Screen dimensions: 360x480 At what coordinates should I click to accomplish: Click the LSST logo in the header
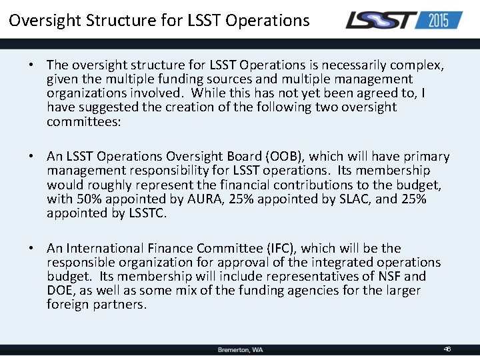tap(380, 20)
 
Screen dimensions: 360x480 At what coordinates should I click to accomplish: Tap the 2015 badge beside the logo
tap(439, 20)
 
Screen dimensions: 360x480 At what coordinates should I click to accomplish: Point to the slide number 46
tap(447, 349)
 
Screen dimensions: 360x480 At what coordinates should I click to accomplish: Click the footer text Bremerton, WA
tap(240, 350)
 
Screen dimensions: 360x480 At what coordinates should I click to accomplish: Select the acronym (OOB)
tap(285, 157)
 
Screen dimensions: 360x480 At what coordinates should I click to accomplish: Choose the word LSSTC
tap(147, 213)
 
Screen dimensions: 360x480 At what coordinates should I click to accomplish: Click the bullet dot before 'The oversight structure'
tap(31, 65)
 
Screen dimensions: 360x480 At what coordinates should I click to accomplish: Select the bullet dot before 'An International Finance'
tap(31, 249)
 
